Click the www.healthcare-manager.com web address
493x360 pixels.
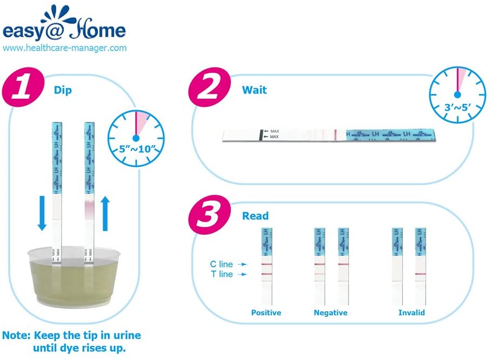[65, 48]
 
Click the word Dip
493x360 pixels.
[63, 90]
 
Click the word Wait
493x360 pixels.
[254, 89]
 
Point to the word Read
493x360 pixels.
[255, 216]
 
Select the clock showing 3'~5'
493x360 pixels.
[457, 91]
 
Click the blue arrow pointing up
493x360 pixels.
[106, 212]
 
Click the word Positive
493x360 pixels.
[266, 313]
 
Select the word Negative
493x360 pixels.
[331, 313]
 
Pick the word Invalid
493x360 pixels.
[411, 313]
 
